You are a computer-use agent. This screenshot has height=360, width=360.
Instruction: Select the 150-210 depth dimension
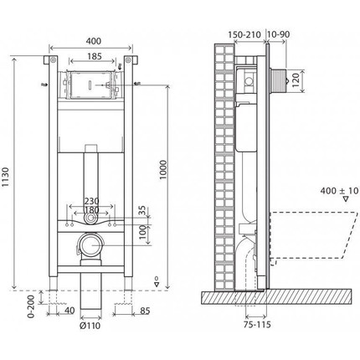(244, 36)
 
